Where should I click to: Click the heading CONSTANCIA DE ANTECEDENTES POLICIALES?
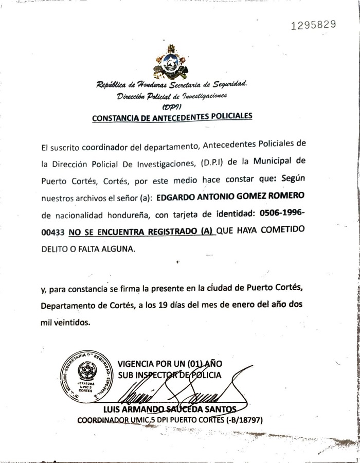pos(172,117)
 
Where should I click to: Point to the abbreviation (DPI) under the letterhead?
pos(170,106)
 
